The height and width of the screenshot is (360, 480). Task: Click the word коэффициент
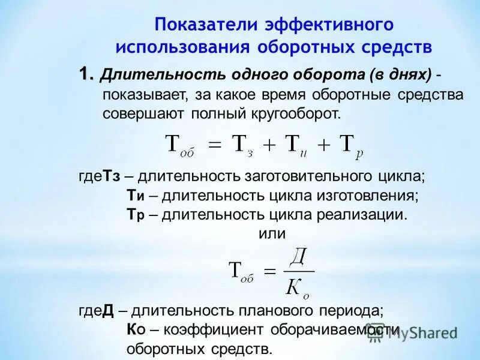214,329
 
